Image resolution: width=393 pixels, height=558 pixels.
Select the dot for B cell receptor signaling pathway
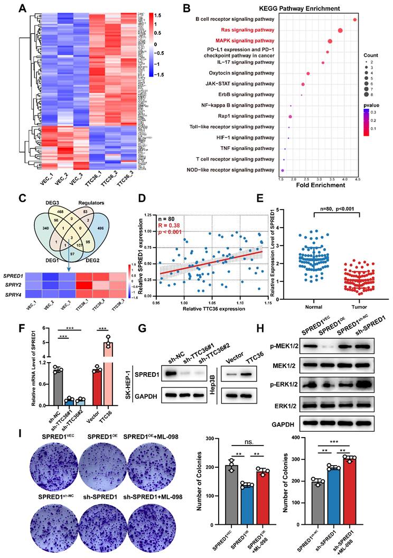click(x=355, y=20)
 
